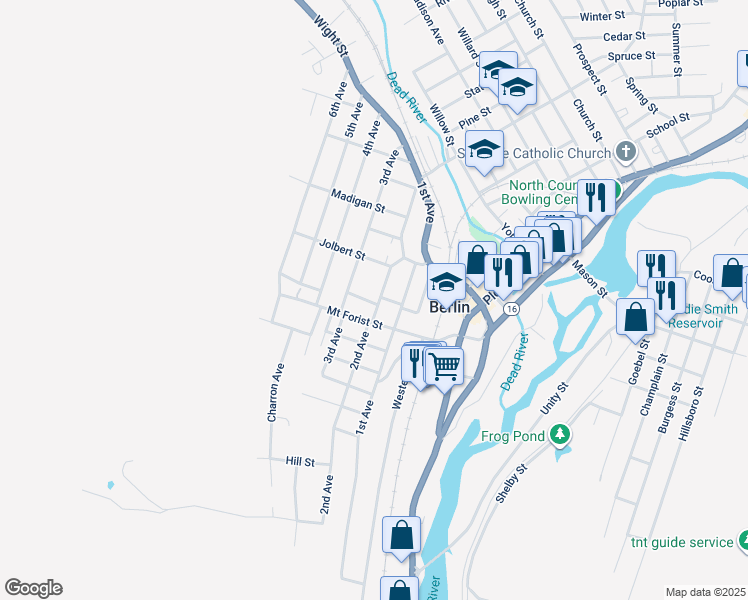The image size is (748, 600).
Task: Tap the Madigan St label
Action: click(359, 199)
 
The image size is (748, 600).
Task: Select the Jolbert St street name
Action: click(341, 249)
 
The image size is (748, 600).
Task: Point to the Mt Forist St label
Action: click(355, 318)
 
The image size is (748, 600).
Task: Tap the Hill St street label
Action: click(300, 462)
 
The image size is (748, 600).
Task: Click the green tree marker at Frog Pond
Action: click(561, 434)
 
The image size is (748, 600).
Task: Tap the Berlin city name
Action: click(449, 308)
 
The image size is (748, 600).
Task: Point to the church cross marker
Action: click(626, 152)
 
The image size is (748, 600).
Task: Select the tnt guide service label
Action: click(682, 542)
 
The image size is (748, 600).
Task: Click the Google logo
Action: click(33, 588)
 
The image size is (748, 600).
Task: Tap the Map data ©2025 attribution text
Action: click(704, 592)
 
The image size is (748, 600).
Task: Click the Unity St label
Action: click(553, 398)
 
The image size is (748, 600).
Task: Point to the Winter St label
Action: click(602, 16)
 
